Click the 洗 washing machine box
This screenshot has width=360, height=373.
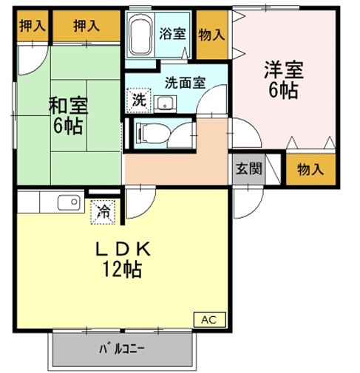tap(139, 100)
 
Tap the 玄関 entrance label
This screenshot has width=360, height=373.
tap(248, 168)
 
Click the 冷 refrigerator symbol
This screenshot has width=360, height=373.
tap(103, 211)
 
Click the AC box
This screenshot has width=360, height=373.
tap(210, 319)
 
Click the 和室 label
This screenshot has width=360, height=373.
tap(68, 103)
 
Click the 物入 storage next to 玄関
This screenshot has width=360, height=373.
tap(309, 169)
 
